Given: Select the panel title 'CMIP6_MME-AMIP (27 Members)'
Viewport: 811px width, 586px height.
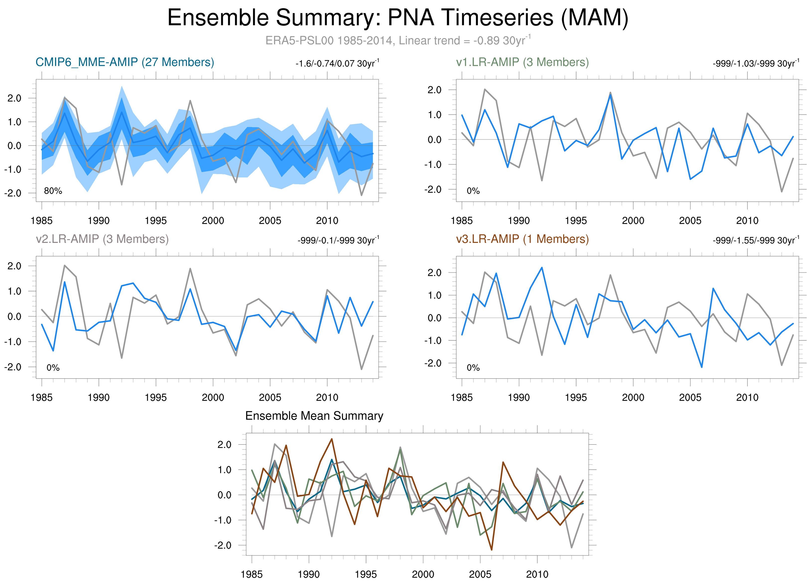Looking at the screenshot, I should point(125,62).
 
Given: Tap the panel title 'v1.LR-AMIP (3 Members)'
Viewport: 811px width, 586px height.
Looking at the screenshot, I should point(522,62).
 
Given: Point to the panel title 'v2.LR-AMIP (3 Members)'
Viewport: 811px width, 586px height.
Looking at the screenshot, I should point(102,239).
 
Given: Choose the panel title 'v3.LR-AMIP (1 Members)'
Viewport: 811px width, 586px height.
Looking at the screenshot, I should point(522,239).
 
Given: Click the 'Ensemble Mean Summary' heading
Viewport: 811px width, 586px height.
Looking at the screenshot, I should point(314,416).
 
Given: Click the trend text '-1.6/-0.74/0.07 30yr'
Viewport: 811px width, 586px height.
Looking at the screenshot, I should point(337,64).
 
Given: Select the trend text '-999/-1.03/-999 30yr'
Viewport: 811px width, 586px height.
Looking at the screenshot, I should point(755,64).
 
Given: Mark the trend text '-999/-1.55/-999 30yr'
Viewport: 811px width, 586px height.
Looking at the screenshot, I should point(755,240).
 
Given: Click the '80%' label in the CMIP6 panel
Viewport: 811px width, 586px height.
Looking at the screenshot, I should point(53,191).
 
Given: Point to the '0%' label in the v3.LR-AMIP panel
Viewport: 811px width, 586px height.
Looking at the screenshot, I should point(473,368).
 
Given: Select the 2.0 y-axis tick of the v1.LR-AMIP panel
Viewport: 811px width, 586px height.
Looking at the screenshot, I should point(435,90).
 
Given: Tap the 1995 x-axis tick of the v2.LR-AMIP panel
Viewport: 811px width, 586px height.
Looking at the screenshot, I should point(156,397).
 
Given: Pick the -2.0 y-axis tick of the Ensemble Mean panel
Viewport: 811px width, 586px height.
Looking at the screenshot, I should point(223,545).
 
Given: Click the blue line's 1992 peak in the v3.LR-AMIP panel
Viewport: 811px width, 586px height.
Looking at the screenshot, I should point(542,267).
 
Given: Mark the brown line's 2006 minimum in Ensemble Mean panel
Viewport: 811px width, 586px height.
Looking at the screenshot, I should point(492,550).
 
